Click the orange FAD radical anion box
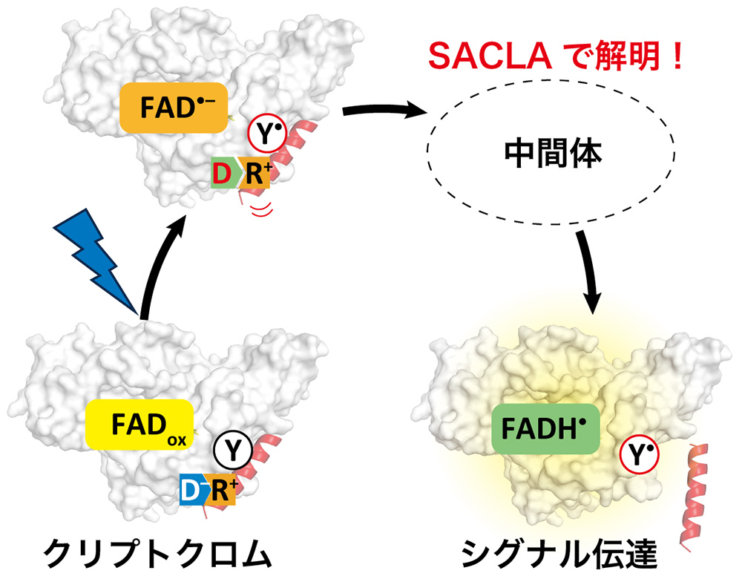174,108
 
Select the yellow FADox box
139,424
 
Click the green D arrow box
224,173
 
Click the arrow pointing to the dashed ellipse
384,112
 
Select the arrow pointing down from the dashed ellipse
587,271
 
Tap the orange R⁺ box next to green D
255,173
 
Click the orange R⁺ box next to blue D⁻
221,490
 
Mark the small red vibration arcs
261,209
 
